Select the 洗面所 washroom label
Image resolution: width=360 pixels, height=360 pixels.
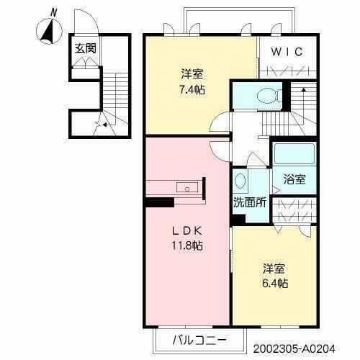(x=248, y=202)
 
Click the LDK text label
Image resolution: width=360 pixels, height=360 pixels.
(x=189, y=232)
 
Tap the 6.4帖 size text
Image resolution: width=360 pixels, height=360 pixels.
(x=274, y=284)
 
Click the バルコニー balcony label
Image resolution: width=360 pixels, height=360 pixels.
(x=200, y=338)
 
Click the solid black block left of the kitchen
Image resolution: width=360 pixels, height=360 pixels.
(x=155, y=202)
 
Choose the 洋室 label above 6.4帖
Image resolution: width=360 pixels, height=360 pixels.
(x=274, y=269)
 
